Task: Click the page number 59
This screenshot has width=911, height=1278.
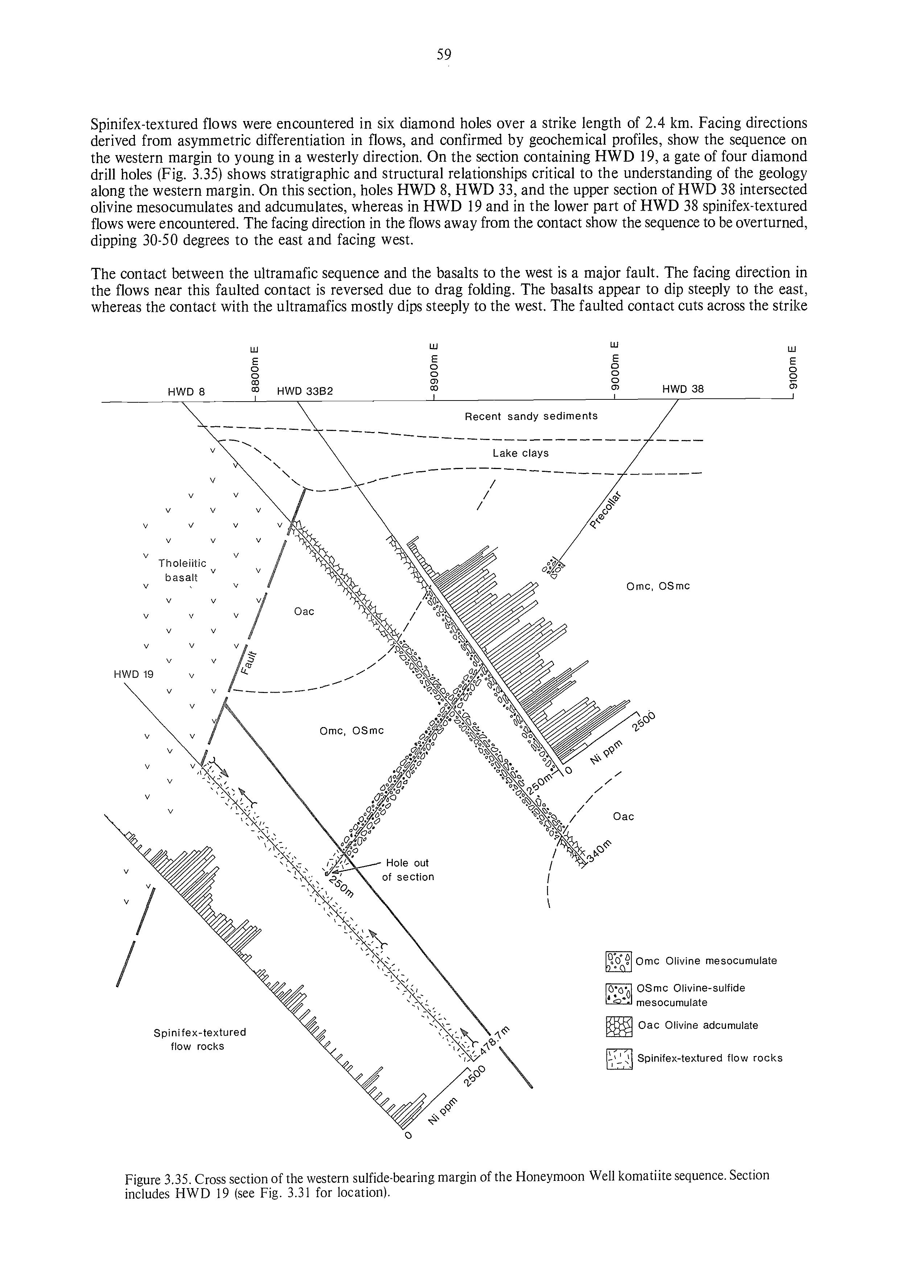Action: [x=444, y=54]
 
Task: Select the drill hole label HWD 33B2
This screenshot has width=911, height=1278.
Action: [x=305, y=391]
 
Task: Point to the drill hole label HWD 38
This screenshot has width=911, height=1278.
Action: [x=683, y=389]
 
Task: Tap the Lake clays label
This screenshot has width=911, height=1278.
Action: [x=520, y=453]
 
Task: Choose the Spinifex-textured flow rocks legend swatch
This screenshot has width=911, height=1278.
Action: [x=619, y=1059]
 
